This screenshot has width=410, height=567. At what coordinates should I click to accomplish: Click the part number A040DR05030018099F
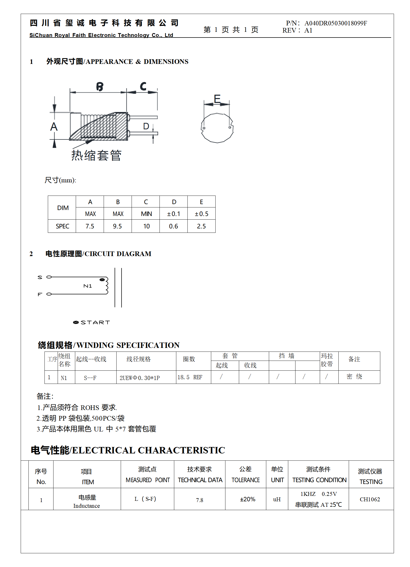point(336,23)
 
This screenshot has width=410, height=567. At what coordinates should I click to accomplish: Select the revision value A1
point(308,31)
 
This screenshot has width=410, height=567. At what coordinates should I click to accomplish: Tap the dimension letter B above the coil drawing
point(100,87)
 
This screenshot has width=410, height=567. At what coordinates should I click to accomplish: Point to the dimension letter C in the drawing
point(143,86)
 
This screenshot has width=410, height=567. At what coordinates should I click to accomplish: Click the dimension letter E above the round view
point(217,99)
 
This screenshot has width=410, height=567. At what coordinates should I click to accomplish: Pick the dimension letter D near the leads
point(146,126)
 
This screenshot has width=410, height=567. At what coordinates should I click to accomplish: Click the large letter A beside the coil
point(54,127)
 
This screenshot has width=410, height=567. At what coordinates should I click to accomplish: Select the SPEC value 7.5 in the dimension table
point(90,226)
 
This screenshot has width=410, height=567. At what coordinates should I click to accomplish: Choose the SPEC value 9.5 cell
point(117,226)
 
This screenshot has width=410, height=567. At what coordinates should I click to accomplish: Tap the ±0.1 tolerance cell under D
point(173,214)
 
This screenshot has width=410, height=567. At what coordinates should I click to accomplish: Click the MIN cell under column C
point(146,214)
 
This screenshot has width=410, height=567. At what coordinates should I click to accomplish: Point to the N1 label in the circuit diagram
point(88,286)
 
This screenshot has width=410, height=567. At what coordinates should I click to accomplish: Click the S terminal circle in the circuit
point(49,277)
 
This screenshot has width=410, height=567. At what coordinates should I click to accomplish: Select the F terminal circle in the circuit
point(49,294)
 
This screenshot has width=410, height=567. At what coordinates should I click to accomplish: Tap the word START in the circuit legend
point(95,323)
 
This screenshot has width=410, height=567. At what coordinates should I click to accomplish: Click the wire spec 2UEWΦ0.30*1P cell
point(140,378)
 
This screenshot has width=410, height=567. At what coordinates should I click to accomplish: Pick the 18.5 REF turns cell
point(190,377)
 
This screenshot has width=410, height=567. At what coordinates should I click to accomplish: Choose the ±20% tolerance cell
point(247,499)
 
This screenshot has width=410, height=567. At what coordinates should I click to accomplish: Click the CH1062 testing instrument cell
point(370,499)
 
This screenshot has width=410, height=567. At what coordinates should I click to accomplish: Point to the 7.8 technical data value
point(200,500)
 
